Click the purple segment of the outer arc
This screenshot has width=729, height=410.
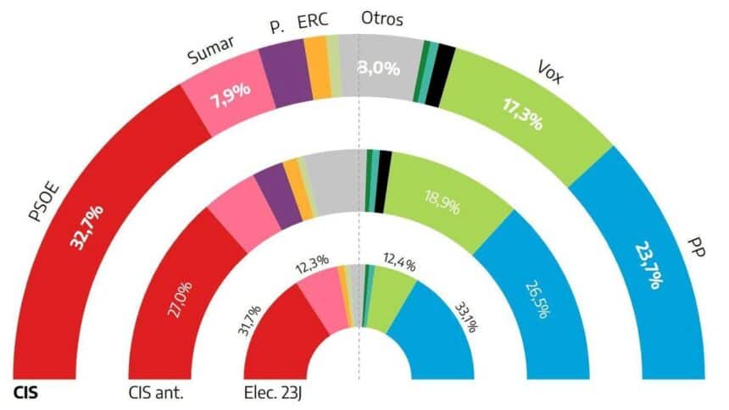tap(281, 72)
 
